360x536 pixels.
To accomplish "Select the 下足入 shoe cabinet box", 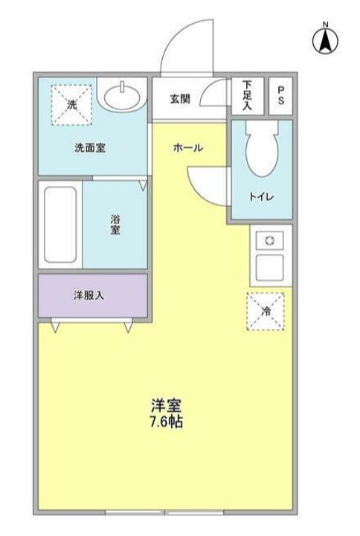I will [x=247, y=95].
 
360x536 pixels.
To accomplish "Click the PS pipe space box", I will [x=280, y=95].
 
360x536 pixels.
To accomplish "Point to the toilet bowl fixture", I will [x=261, y=149].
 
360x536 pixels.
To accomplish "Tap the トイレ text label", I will [x=261, y=197].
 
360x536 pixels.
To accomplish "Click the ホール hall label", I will [x=187, y=148].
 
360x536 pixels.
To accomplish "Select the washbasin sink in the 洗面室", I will [x=122, y=96].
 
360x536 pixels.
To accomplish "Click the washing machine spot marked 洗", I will [x=72, y=103].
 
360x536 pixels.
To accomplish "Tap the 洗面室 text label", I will [x=89, y=147].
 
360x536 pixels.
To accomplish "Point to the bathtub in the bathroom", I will [x=60, y=224].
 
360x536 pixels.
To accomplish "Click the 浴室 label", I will [x=115, y=224].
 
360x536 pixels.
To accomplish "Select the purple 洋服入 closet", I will [x=92, y=296].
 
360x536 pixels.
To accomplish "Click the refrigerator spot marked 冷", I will [x=267, y=312].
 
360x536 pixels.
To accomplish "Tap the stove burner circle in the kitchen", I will [x=270, y=240].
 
